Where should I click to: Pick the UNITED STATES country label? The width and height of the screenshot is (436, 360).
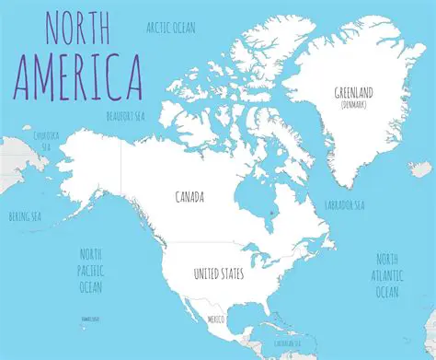219,274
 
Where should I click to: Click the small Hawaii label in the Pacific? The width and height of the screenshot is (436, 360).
90,319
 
